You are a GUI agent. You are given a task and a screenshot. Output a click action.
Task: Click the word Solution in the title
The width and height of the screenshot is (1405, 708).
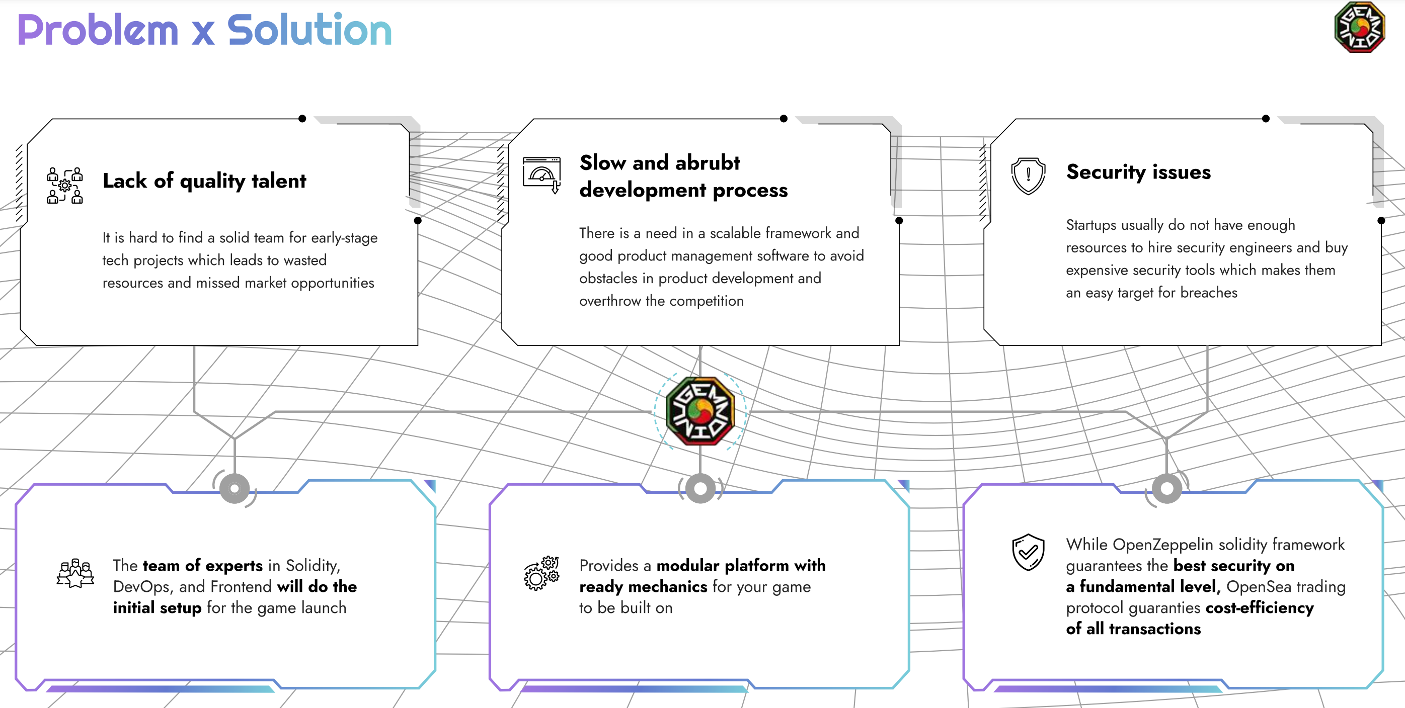coord(309,30)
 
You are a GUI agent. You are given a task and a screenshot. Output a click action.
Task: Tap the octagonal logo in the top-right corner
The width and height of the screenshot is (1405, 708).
coord(1359,27)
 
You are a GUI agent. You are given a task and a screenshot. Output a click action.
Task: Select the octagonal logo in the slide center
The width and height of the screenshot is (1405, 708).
coord(700,411)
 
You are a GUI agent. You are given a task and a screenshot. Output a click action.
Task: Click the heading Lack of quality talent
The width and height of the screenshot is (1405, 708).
coord(204,181)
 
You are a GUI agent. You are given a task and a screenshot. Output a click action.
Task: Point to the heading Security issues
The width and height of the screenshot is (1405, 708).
coord(1138,172)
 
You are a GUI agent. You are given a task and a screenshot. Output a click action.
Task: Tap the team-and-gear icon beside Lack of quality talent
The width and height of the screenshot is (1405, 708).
coord(65,186)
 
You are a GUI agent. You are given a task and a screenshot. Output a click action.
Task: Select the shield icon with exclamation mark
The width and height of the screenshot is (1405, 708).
coord(1028,176)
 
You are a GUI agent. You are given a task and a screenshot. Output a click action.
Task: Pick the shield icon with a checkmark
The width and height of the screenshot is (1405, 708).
coord(1028,552)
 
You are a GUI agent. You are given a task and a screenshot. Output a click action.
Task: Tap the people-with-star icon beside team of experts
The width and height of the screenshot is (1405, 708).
coord(75,573)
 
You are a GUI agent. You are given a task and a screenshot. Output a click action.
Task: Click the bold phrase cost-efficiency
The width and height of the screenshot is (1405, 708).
coord(1260,608)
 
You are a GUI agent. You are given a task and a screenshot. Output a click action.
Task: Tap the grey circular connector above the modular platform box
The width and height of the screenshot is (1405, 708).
coord(700,488)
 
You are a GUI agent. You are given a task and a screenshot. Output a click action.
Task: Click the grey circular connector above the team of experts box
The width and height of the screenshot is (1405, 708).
coord(235,488)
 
